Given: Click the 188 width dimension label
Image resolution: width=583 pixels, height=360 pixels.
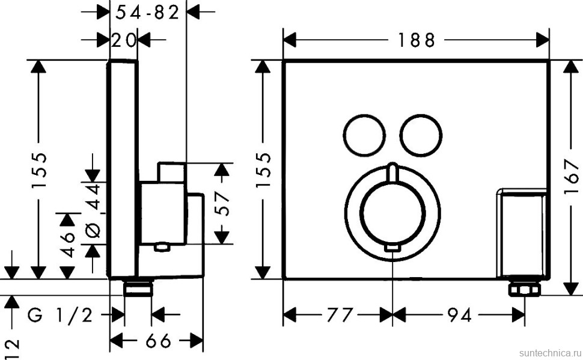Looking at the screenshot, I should point(415,40).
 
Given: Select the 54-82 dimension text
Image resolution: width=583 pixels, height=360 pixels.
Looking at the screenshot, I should point(147,12).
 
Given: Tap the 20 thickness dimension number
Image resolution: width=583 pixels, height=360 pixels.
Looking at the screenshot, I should point(124,40).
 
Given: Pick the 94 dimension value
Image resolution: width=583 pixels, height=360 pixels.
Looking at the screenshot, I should point(459,314).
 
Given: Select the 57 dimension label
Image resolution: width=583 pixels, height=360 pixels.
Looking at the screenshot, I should point(222,204).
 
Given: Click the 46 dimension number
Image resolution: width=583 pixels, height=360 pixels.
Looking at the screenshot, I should point(67,242).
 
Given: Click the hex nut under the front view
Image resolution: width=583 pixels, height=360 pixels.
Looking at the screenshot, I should point(524,290).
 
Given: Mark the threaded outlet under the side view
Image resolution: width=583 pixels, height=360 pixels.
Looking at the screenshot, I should point(138,288).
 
